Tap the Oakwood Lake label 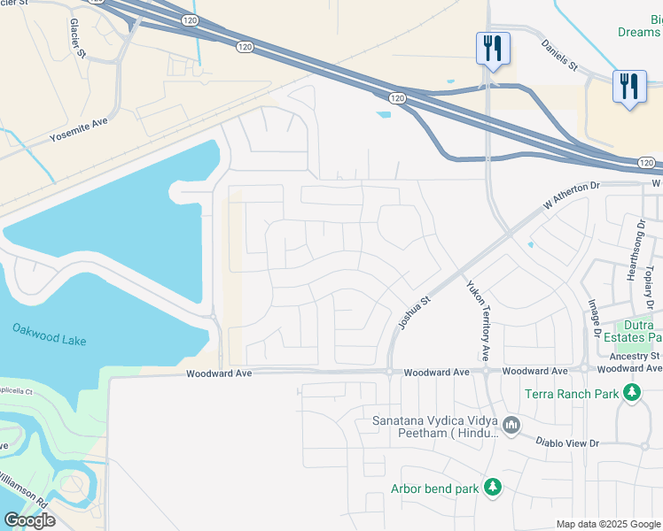[x=49, y=334]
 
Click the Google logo [x=30, y=520]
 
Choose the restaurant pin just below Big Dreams [x=628, y=87]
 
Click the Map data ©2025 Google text [x=608, y=524]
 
